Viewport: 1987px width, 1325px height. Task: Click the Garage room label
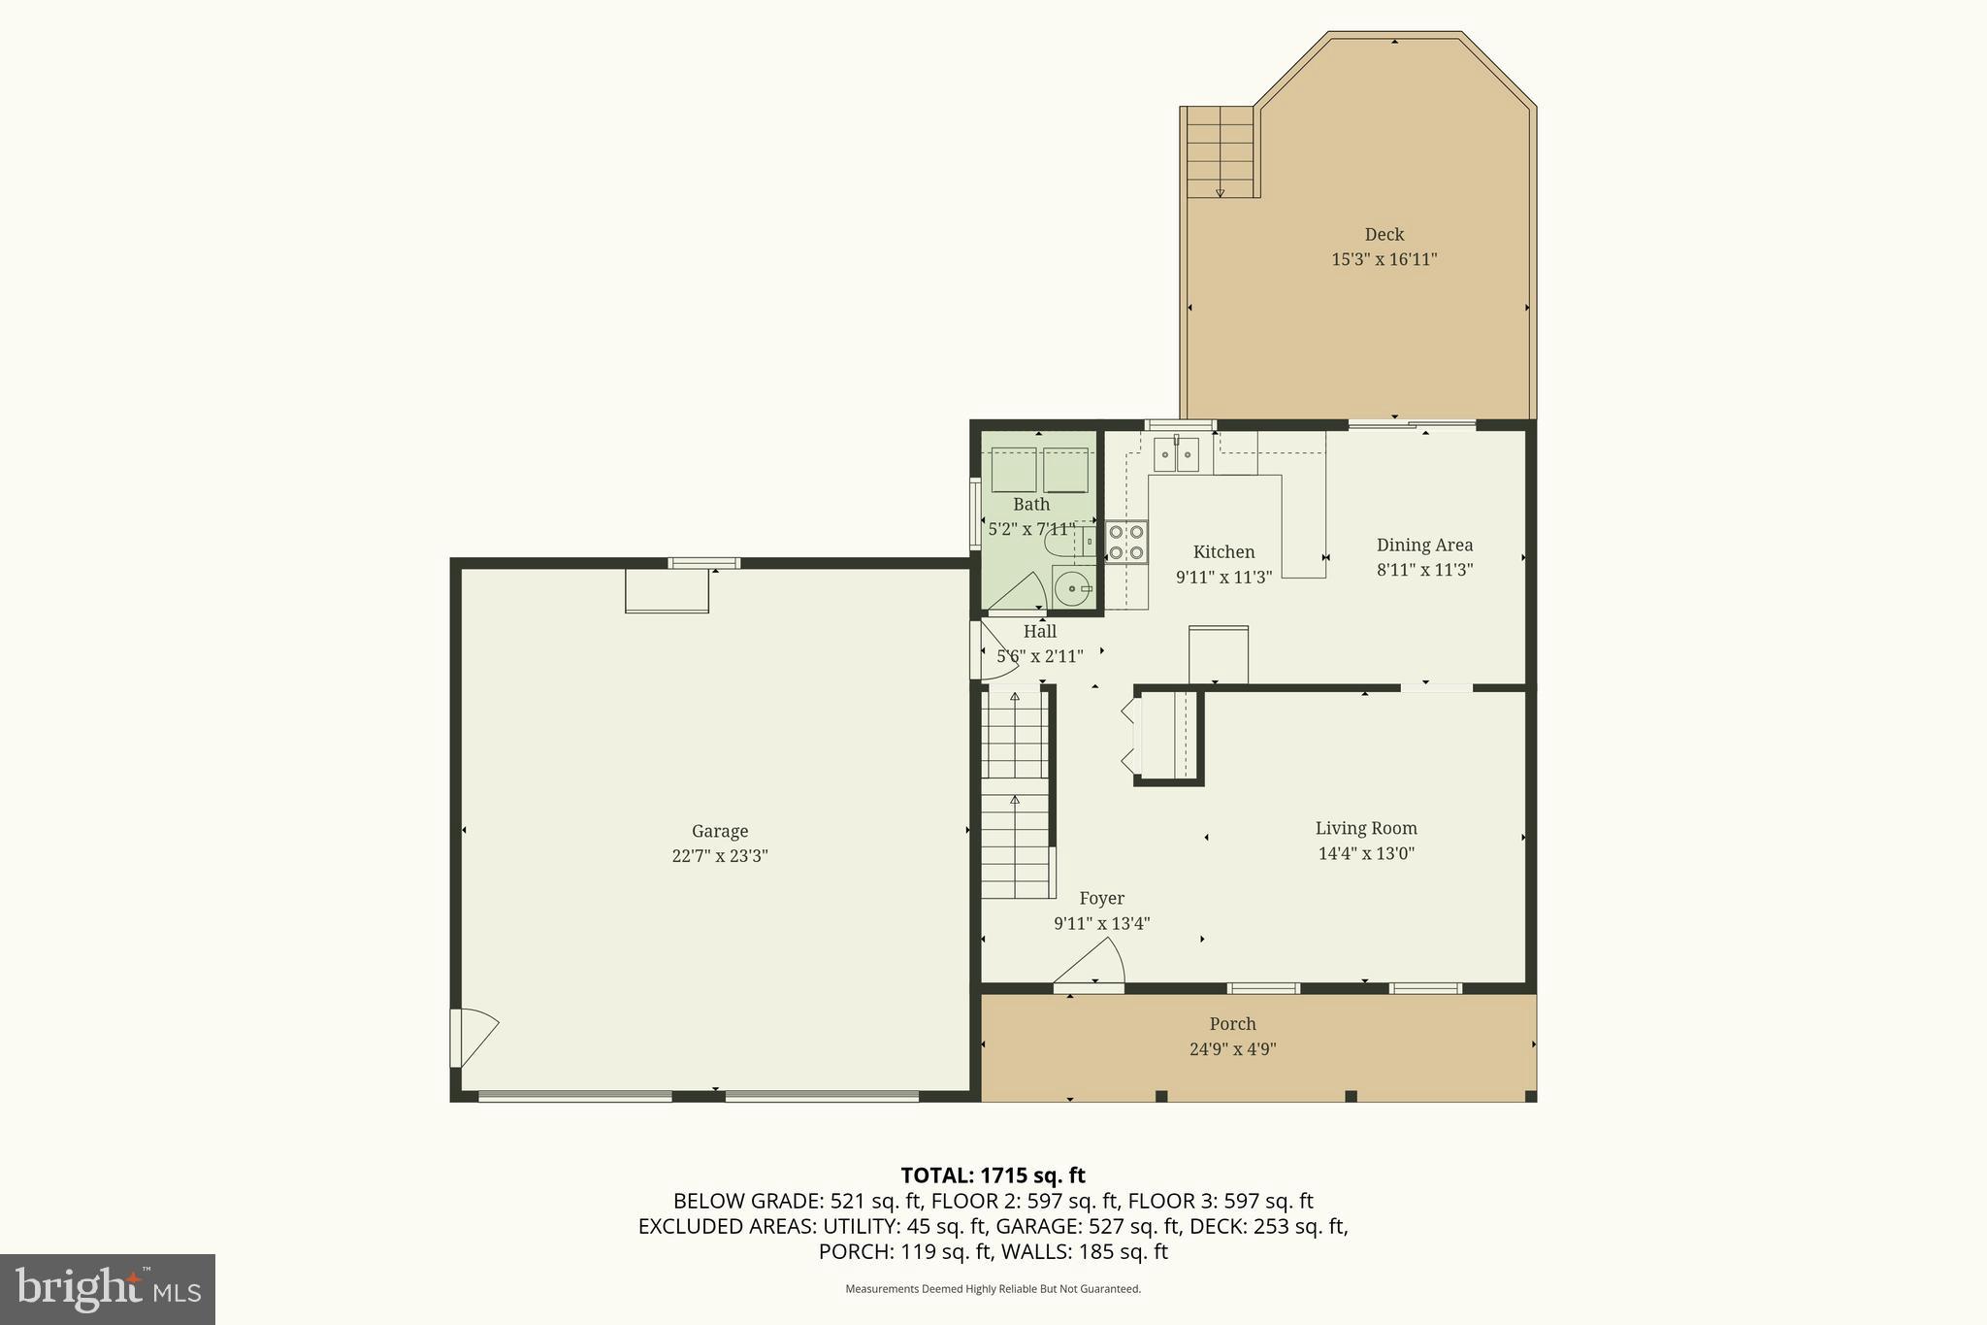719,831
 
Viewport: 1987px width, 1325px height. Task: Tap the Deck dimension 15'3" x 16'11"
1384,259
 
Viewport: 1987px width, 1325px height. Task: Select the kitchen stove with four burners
1126,542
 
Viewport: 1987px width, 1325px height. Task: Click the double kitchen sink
1176,454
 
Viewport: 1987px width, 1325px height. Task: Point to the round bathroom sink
1071,587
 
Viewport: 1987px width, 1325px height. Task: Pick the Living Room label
1365,828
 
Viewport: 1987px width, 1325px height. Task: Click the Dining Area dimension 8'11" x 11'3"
1424,570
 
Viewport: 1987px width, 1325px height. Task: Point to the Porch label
1232,1024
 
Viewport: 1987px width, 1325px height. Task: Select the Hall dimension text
1039,656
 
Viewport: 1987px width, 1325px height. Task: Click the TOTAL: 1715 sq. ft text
993,1176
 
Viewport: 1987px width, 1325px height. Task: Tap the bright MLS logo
108,1288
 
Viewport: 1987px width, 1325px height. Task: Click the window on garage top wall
704,563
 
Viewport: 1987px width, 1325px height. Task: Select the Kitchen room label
1222,551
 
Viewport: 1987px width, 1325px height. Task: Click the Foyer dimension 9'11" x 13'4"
1101,923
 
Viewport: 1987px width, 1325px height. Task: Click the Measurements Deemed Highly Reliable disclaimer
993,1289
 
